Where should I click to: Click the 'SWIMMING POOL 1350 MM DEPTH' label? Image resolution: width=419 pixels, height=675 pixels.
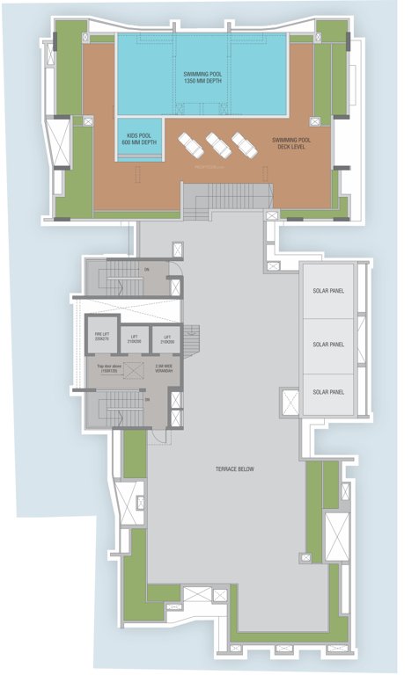point(201,77)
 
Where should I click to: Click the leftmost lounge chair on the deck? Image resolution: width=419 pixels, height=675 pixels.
point(191,145)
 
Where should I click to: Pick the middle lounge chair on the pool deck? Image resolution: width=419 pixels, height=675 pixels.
point(217,144)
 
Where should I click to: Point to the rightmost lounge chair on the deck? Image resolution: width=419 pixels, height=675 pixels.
point(242,143)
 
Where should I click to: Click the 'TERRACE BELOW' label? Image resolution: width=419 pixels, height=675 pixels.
point(234,470)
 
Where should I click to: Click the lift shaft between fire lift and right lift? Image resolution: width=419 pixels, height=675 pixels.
point(134,338)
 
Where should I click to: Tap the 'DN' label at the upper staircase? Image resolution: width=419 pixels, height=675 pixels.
point(147,270)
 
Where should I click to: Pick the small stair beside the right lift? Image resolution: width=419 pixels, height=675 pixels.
point(191,337)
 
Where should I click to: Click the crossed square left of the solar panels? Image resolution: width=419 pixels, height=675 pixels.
point(288,401)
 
